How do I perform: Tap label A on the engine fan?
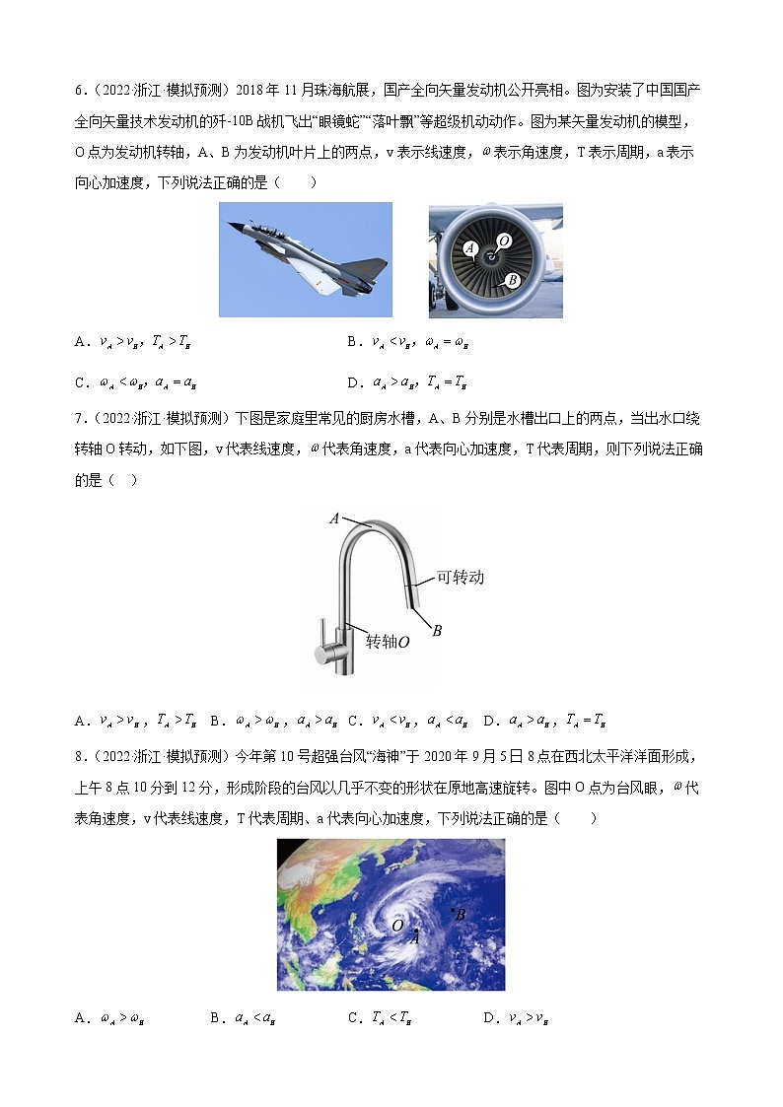(470, 248)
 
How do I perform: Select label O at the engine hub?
(504, 241)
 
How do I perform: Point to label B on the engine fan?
(512, 280)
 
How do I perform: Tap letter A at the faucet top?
(334, 519)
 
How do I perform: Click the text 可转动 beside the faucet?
(461, 577)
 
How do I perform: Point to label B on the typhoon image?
(460, 915)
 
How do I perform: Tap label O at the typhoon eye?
(397, 926)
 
